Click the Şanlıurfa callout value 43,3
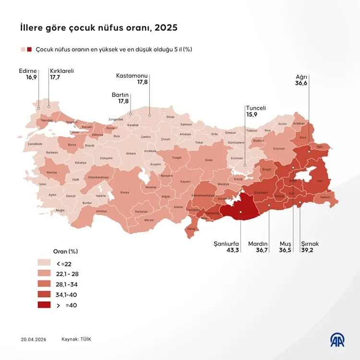[x=226, y=250]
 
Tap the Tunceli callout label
[x=256, y=108]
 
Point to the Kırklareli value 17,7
[x=56, y=77]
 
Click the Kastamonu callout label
[x=132, y=76]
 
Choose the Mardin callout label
[x=258, y=244]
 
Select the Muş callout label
[x=285, y=244]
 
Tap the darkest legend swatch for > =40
[x=45, y=305]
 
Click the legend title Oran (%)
[x=65, y=251]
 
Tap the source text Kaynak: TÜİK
[x=76, y=339]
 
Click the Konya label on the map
[x=124, y=192]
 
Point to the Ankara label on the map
[x=130, y=154]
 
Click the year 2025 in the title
[x=165, y=27]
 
